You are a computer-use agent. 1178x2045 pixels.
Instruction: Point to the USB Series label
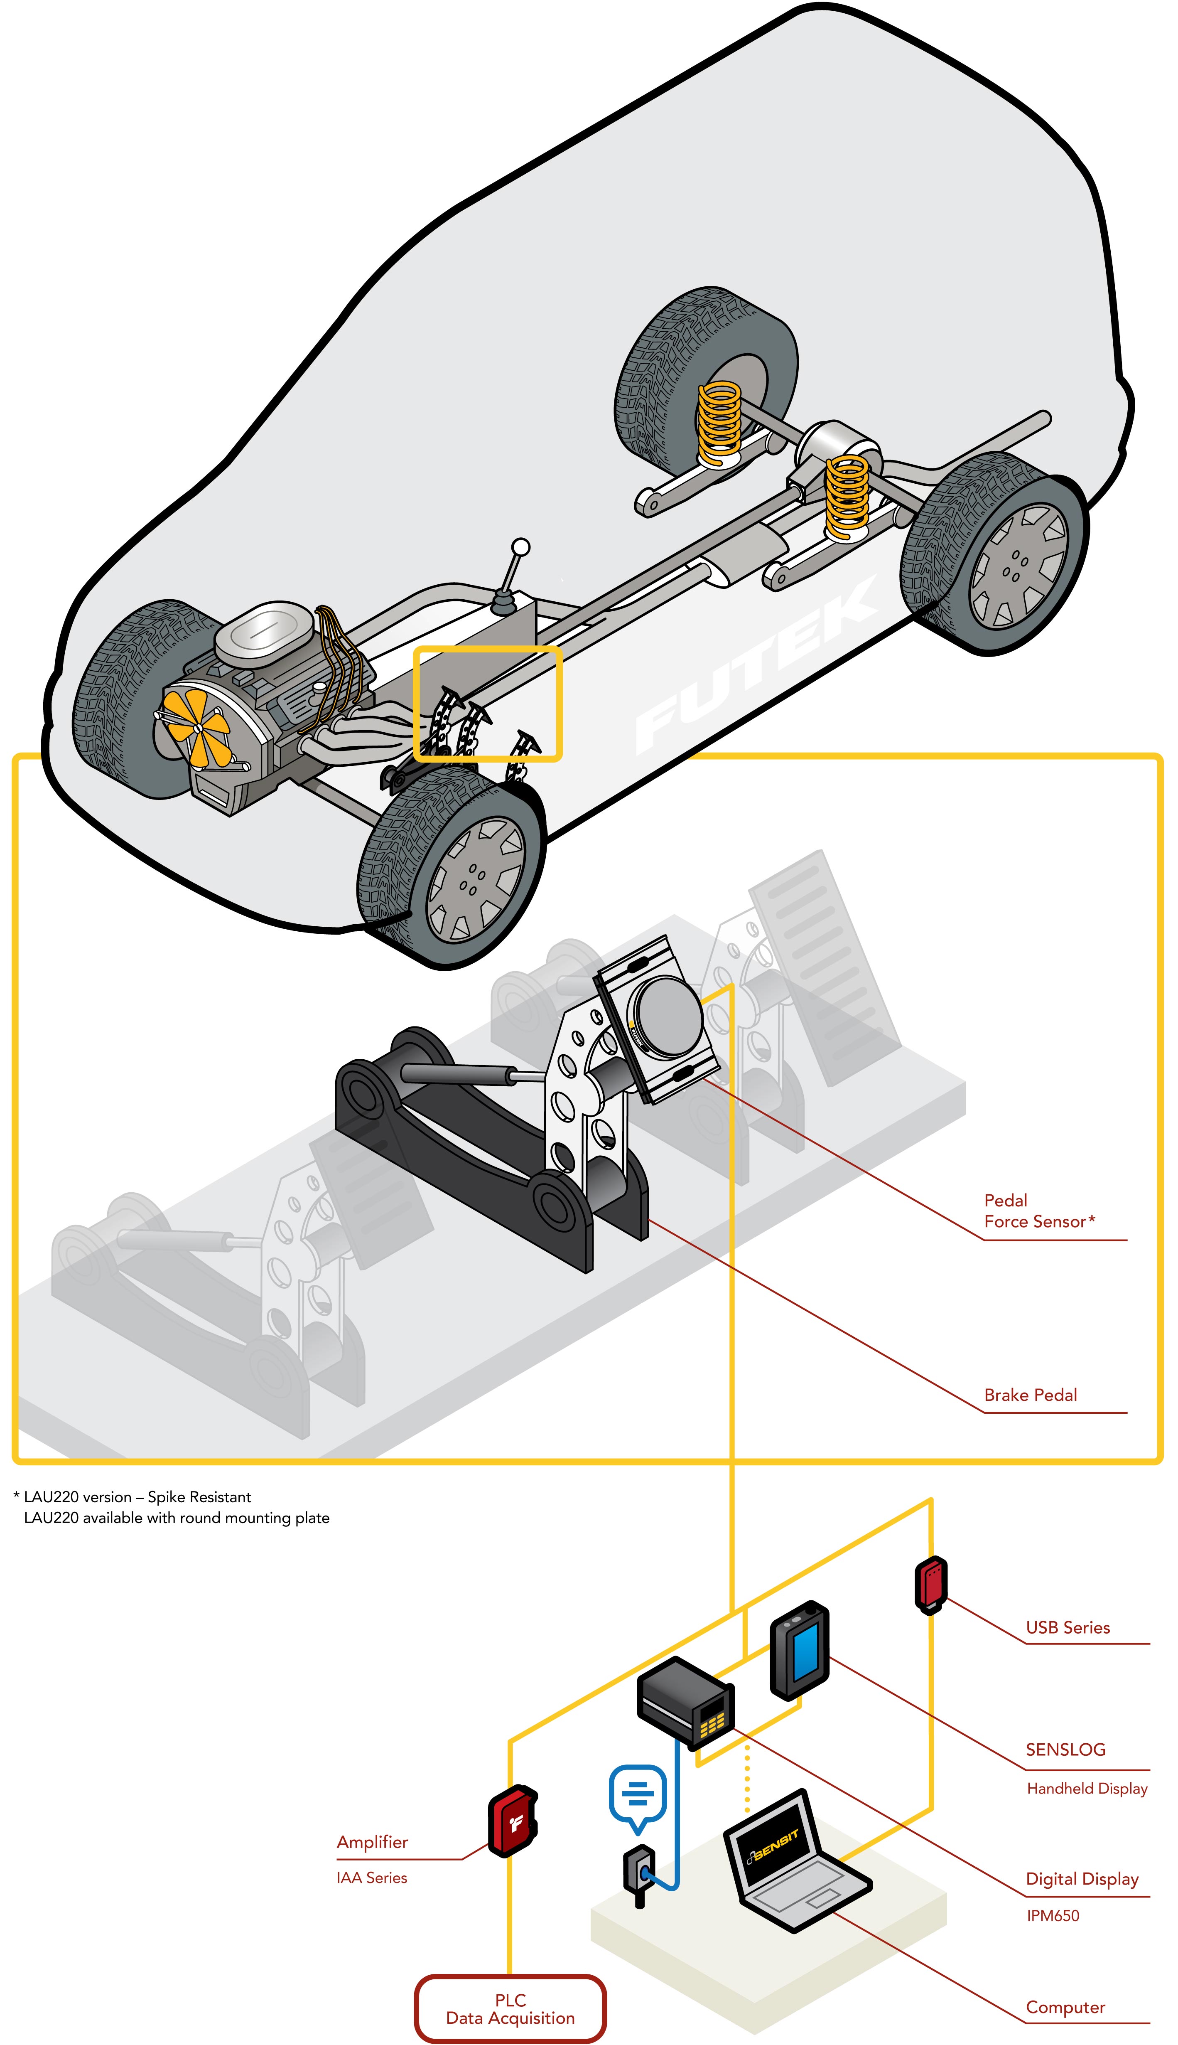tap(1067, 1627)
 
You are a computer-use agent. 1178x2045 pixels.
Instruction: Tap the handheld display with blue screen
tap(799, 1650)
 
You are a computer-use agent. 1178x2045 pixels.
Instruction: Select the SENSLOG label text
tap(1065, 1750)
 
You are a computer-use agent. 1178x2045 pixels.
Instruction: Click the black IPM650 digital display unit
tap(686, 1700)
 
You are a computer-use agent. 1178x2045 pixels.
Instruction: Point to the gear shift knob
tap(521, 547)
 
